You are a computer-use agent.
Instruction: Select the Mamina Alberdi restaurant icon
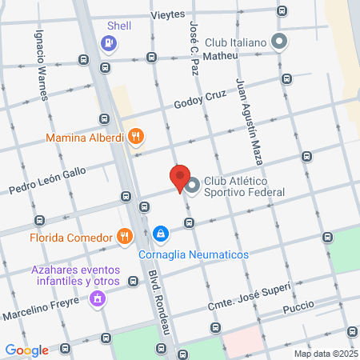[136, 137]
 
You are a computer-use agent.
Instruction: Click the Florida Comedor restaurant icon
[123, 236]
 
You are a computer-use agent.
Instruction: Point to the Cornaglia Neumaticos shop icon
[161, 234]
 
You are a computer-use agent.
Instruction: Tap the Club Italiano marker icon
[278, 41]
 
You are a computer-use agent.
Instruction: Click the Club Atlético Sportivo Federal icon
[193, 186]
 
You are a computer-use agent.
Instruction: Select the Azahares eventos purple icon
[98, 299]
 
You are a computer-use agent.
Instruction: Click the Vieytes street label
[168, 14]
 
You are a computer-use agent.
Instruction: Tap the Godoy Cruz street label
[202, 104]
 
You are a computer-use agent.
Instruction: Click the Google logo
[27, 350]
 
